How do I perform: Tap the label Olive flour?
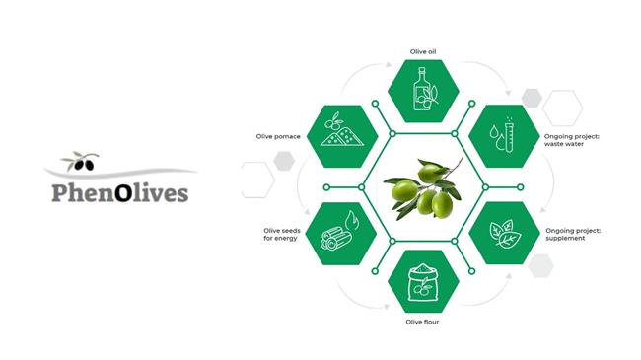[424, 322]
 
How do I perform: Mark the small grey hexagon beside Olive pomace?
[284, 161]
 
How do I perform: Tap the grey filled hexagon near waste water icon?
[533, 97]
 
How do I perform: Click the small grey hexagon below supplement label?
[540, 264]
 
